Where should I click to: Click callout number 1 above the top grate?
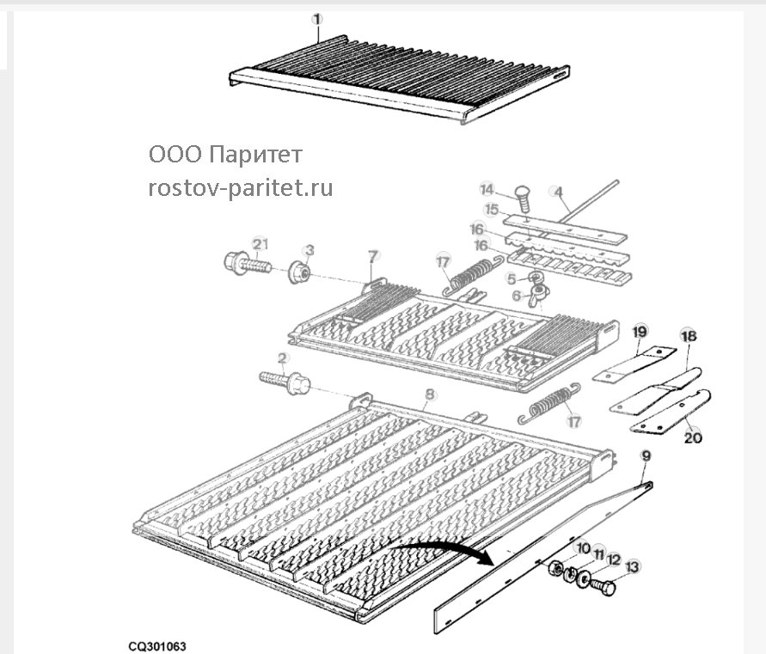click(317, 20)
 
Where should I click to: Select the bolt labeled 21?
click(248, 264)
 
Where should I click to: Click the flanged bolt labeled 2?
click(285, 382)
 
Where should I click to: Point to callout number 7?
click(373, 256)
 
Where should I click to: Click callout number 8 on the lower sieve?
click(429, 394)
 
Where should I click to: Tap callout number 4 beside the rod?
click(558, 192)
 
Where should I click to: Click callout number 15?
click(492, 210)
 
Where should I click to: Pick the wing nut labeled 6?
click(539, 295)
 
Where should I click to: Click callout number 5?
click(512, 279)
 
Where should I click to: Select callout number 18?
click(689, 336)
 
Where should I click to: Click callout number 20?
click(693, 437)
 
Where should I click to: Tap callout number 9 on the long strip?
click(646, 456)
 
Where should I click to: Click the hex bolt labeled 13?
click(603, 585)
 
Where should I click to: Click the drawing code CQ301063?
click(157, 646)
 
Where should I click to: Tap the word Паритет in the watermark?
click(255, 156)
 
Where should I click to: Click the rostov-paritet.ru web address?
click(241, 188)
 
